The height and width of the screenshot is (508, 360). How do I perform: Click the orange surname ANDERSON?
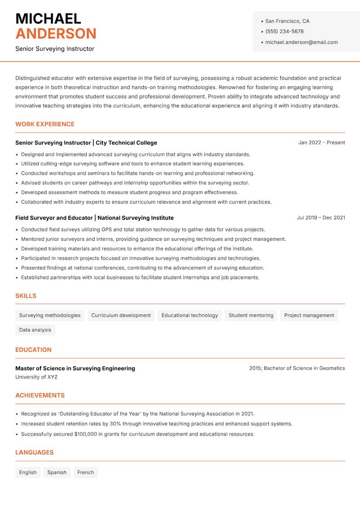pos(56,34)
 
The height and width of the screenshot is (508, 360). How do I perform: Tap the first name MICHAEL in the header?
pos(48,18)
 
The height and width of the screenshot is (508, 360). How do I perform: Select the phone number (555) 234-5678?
pos(284,31)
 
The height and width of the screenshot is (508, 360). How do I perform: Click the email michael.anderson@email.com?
pos(301,42)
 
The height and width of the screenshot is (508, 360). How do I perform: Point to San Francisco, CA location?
pos(287,21)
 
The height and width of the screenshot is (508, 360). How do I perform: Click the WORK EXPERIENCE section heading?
pos(45,124)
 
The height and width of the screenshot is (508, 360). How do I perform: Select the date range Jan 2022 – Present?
pos(321,143)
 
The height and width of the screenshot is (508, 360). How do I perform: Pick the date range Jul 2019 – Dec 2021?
pos(320,218)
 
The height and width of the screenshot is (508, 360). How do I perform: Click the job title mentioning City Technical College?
pos(86,143)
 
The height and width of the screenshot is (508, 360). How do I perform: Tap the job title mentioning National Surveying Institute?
pos(94,218)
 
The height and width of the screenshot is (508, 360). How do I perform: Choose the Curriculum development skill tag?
pos(121,315)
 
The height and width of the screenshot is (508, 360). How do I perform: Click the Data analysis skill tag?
pos(35,330)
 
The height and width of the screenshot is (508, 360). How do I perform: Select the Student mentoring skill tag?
pos(251,315)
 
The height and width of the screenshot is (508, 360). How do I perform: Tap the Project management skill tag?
pos(309,315)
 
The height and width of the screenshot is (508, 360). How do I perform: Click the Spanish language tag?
pos(57,472)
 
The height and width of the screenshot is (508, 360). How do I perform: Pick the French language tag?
pos(85,472)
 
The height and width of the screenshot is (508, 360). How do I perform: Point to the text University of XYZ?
pos(36,377)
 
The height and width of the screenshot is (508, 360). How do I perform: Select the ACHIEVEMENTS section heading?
pos(40,395)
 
